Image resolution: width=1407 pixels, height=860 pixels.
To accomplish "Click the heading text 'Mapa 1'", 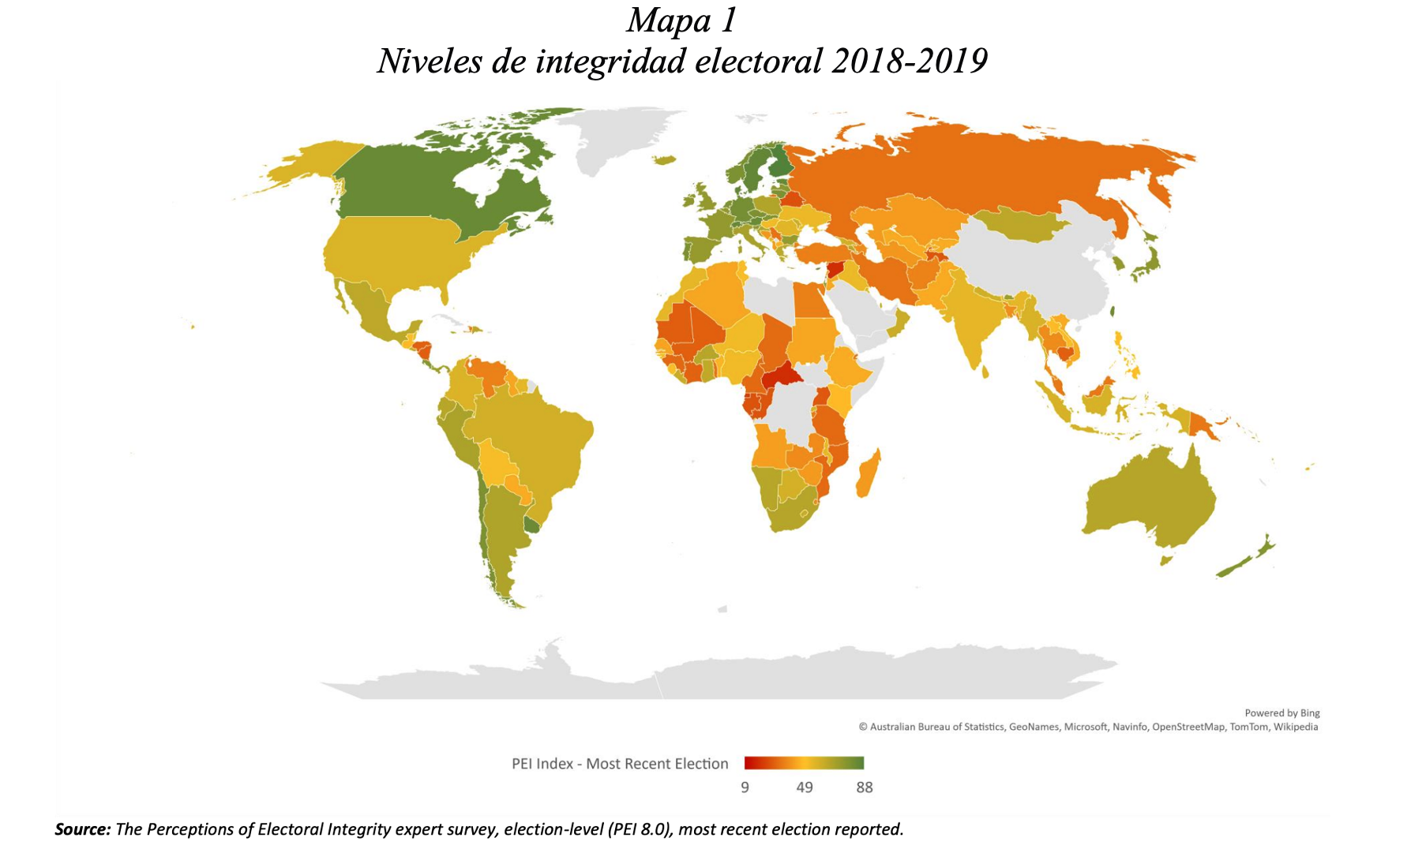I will pos(681,21).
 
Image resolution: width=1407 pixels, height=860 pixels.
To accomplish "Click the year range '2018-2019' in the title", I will pos(909,62).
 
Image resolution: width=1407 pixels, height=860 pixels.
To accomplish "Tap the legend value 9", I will pos(745,787).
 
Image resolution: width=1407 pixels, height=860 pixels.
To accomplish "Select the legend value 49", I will pos(804,787).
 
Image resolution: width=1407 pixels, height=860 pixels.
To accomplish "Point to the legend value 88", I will pos(865,787).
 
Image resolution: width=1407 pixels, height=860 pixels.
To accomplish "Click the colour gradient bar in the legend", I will pos(804,763).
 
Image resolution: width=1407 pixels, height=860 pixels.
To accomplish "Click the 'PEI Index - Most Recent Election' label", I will pos(620,764).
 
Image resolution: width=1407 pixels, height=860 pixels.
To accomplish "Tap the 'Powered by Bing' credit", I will pos(1281,713).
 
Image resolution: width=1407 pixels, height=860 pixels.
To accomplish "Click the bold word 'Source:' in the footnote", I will pos(83,829).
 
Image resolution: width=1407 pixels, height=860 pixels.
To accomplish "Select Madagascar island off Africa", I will pos(868,473).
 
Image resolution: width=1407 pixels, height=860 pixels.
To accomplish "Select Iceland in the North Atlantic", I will pos(666,159).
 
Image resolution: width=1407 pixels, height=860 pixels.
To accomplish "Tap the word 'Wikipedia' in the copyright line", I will pos(1295,727).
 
